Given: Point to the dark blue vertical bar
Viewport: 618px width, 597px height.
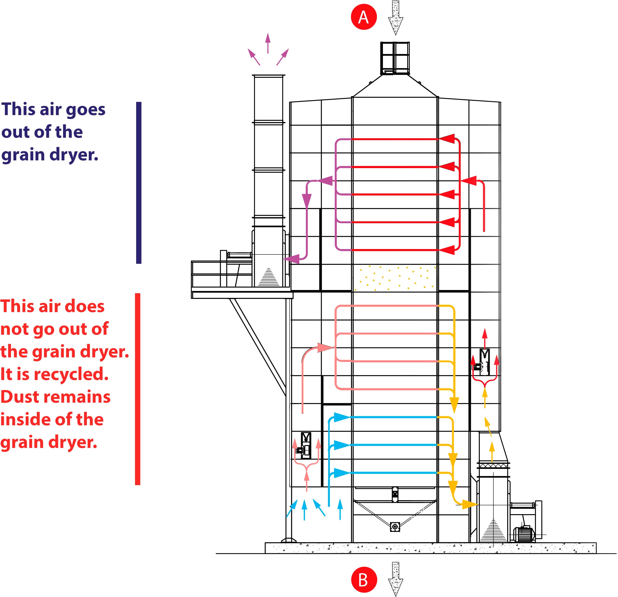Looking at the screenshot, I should (139, 183).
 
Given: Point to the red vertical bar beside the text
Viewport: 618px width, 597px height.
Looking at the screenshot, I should (137, 389).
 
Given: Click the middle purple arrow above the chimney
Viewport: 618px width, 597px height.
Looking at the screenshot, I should (268, 42).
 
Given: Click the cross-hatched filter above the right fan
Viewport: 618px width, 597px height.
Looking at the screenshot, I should (493, 466).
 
